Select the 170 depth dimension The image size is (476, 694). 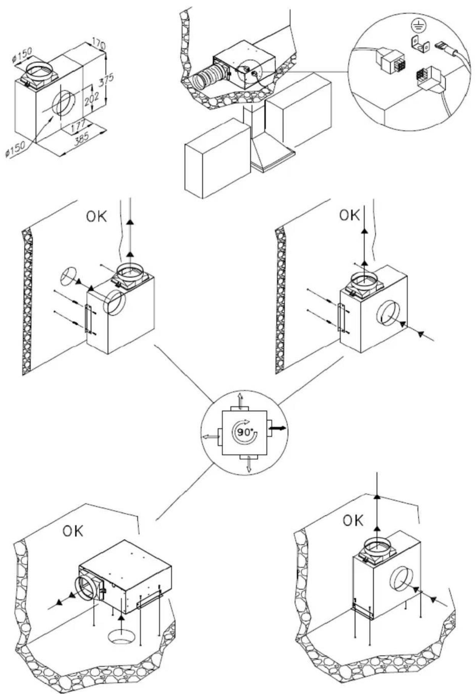[99, 43]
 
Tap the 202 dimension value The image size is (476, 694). [92, 98]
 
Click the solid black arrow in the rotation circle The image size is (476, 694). [277, 428]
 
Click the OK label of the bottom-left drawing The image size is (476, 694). [73, 531]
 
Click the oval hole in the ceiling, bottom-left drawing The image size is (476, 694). [121, 637]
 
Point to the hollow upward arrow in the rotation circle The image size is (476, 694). [240, 401]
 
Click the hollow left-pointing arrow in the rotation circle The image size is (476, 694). [210, 437]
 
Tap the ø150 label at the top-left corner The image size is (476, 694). [22, 54]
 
